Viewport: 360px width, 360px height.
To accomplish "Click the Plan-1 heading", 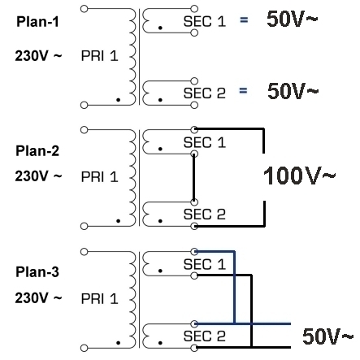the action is click(x=37, y=22).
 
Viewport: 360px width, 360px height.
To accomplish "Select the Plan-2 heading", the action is click(x=37, y=151).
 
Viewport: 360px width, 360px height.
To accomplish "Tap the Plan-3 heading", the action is click(x=37, y=272).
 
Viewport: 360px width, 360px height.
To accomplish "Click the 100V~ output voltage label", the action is click(x=299, y=176).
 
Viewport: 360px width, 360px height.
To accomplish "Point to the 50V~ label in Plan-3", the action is click(x=327, y=336).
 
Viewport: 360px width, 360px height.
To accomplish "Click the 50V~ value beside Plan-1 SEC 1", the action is click(x=292, y=19).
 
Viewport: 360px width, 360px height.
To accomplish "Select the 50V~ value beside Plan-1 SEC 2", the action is click(x=293, y=91).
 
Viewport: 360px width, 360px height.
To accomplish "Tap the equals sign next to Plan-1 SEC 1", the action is click(x=244, y=20).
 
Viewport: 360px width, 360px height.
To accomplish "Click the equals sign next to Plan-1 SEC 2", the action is click(x=243, y=90).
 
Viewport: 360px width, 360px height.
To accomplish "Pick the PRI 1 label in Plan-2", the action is click(x=100, y=177).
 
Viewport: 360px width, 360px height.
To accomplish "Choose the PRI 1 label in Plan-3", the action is click(x=100, y=299).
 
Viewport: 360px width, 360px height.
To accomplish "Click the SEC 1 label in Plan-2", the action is click(x=205, y=143).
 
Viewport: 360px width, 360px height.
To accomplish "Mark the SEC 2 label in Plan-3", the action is click(x=205, y=336).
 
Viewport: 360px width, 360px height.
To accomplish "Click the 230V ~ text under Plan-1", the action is click(x=38, y=56).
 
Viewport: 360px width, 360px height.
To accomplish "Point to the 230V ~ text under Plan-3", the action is click(x=38, y=298).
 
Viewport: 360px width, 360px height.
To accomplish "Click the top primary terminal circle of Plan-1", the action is click(x=85, y=9).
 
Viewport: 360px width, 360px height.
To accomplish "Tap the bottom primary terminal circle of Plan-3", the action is click(x=85, y=348).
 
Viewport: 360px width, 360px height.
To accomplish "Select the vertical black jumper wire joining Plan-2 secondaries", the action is click(x=193, y=178).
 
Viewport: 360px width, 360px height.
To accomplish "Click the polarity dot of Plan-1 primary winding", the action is click(x=118, y=100).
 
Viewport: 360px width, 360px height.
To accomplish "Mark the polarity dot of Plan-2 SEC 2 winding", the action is click(x=160, y=221).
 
